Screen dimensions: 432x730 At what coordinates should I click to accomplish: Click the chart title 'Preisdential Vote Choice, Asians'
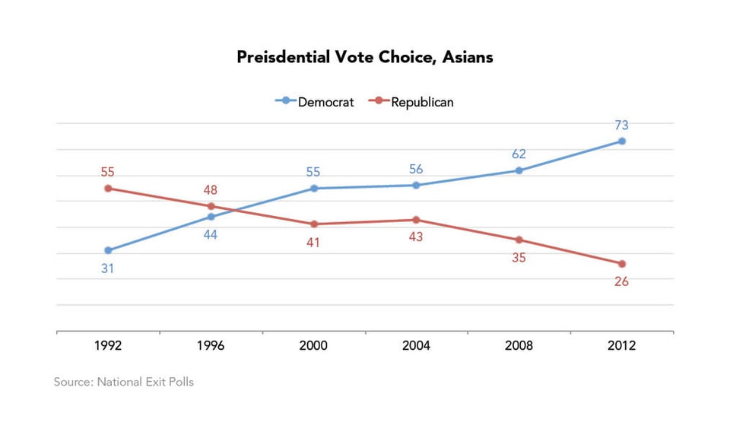(364, 57)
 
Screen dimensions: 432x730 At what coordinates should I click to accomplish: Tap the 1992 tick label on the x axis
(108, 345)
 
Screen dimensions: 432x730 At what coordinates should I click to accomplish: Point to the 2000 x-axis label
(313, 345)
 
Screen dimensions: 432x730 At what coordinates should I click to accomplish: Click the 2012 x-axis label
(621, 345)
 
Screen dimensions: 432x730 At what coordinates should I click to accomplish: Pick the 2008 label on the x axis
(519, 345)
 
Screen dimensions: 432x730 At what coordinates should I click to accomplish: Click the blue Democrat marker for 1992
(108, 250)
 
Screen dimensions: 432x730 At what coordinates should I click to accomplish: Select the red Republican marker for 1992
(108, 188)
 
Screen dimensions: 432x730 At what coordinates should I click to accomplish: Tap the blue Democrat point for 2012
(622, 141)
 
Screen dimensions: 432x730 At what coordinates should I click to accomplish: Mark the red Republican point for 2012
(622, 264)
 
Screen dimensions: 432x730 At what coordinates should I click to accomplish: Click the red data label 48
(211, 190)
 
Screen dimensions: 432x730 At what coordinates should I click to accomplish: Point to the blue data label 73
(621, 125)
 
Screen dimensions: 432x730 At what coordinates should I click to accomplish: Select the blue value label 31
(108, 268)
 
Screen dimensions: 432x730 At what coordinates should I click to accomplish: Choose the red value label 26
(621, 281)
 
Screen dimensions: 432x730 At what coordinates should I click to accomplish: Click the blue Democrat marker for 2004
(416, 185)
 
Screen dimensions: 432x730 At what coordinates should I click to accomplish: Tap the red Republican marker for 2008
(519, 240)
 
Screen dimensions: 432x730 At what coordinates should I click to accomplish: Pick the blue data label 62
(519, 154)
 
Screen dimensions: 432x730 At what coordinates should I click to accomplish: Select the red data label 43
(416, 237)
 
